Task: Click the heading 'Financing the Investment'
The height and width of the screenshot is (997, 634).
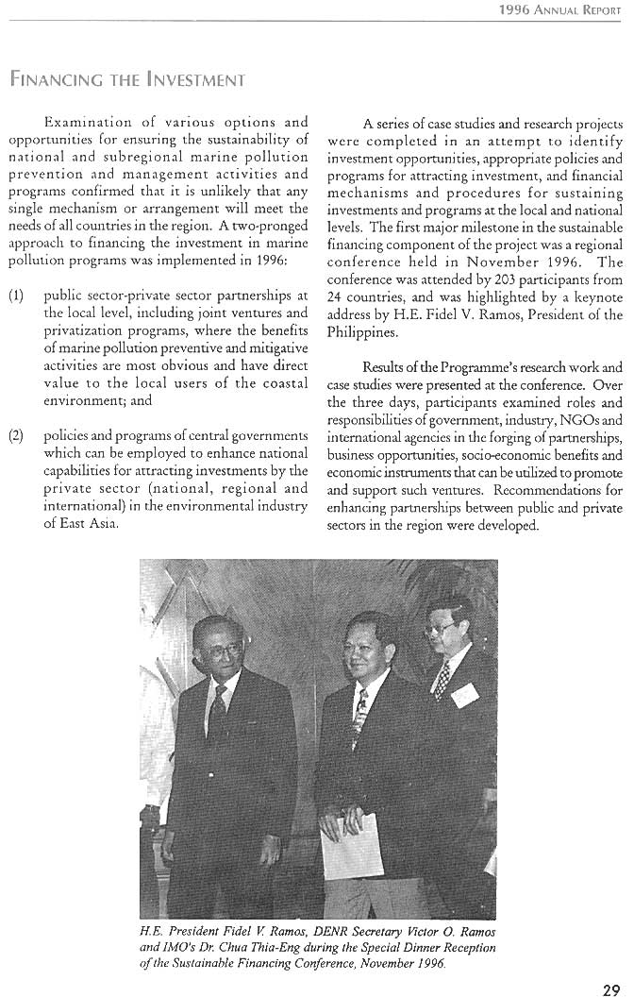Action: coord(127,79)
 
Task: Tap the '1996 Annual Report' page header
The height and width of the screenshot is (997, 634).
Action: coord(560,9)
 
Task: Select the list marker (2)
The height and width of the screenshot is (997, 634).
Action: coord(16,435)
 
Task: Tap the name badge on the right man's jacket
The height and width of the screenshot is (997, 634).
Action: coord(464,696)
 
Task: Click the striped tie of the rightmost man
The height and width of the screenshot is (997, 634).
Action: coord(441,680)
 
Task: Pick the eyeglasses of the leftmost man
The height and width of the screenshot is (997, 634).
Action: coord(214,651)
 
